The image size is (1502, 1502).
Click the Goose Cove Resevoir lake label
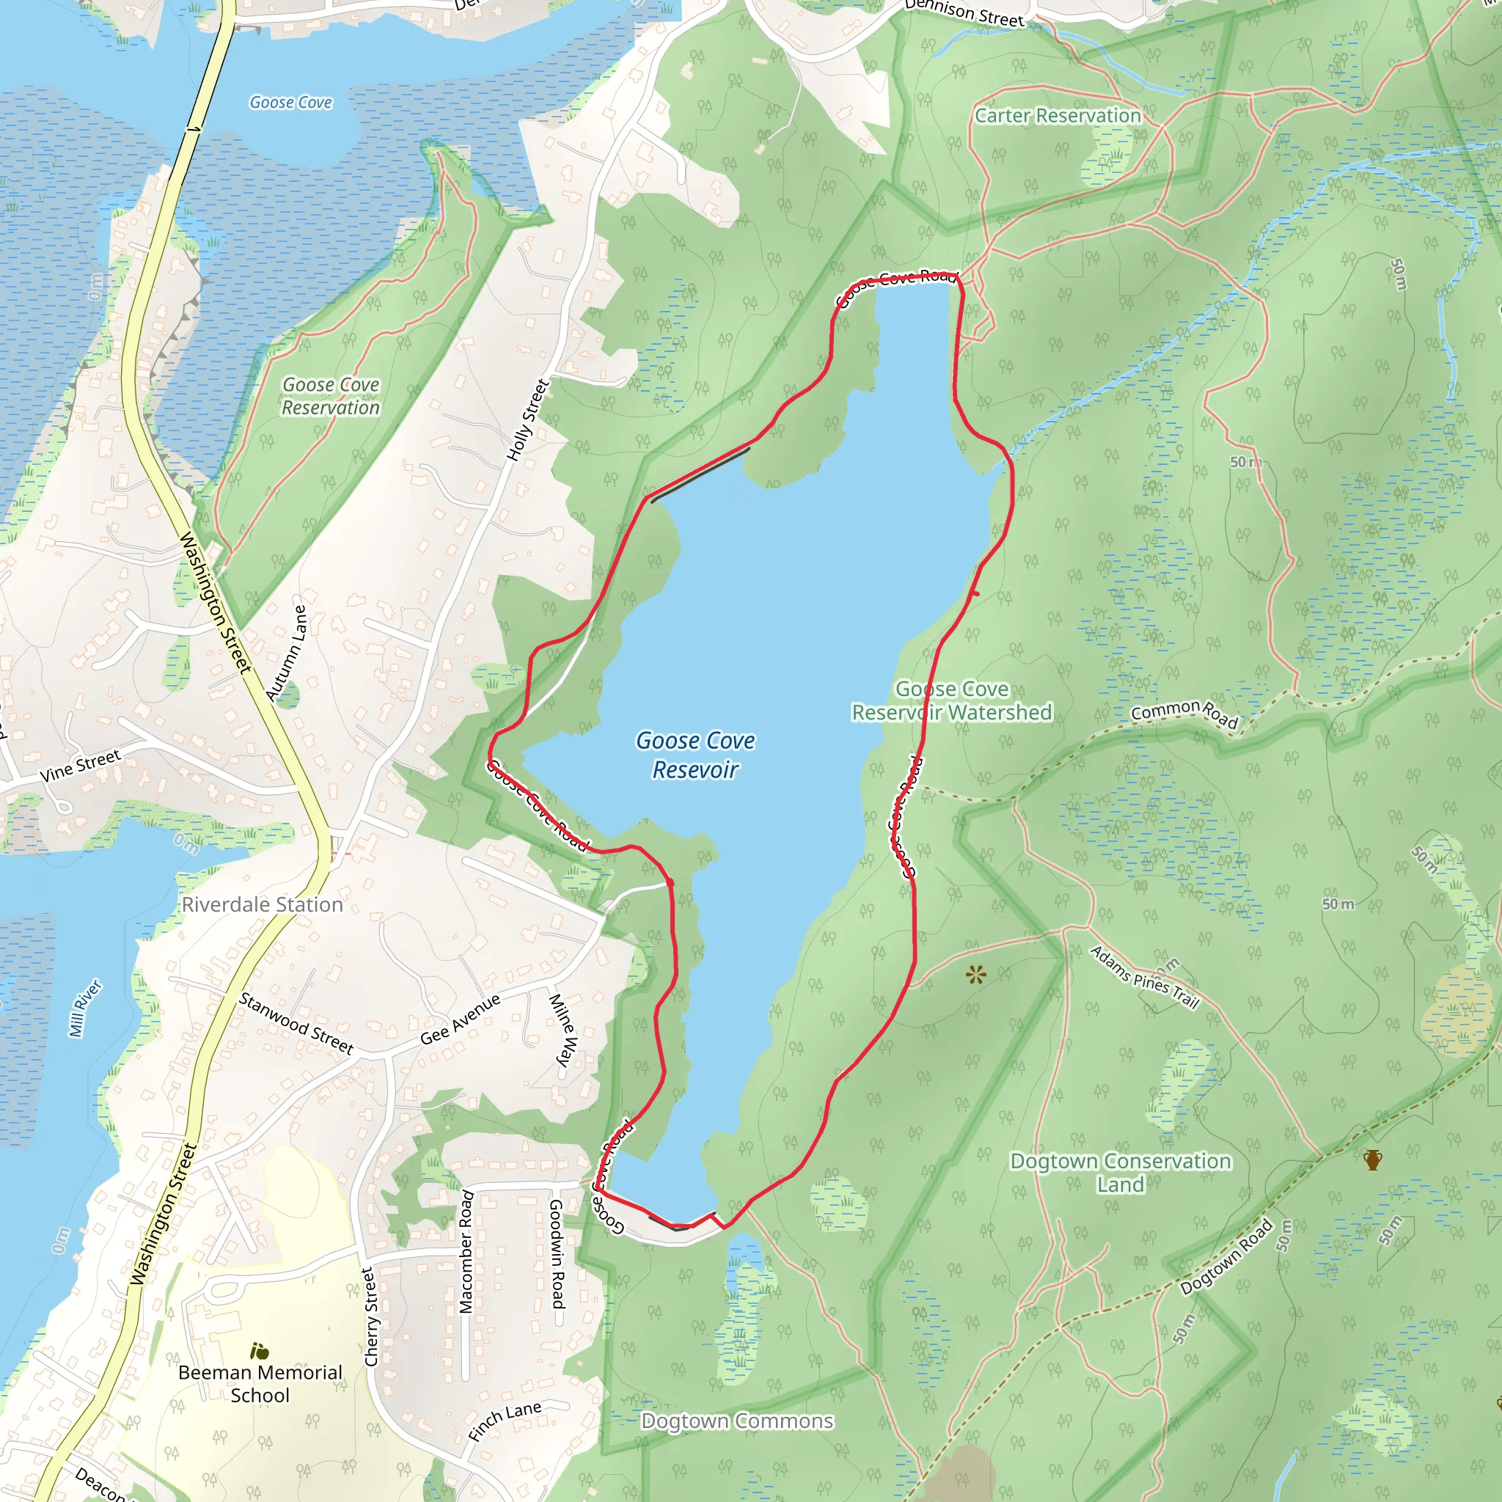click(695, 755)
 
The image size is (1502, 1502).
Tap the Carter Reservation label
click(1058, 116)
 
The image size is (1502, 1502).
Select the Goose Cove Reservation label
click(331, 396)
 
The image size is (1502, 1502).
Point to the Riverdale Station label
click(262, 905)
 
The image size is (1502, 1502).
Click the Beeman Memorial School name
click(260, 1384)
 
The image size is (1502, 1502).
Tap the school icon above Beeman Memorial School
click(259, 1351)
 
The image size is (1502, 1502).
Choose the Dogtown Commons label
click(736, 1421)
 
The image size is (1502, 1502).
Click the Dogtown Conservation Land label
click(1121, 1173)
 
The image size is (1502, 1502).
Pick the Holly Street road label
click(528, 420)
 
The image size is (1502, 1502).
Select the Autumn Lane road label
click(286, 653)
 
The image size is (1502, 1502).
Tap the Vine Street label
click(80, 766)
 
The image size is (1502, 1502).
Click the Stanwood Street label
click(296, 1023)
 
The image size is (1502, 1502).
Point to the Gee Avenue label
click(461, 1019)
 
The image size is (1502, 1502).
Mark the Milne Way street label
click(563, 1029)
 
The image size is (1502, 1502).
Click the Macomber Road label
click(466, 1251)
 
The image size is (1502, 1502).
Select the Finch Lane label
click(505, 1421)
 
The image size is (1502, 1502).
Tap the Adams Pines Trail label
click(1144, 977)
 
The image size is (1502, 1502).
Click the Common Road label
click(1184, 712)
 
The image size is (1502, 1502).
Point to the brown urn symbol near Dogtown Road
click(1373, 1161)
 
